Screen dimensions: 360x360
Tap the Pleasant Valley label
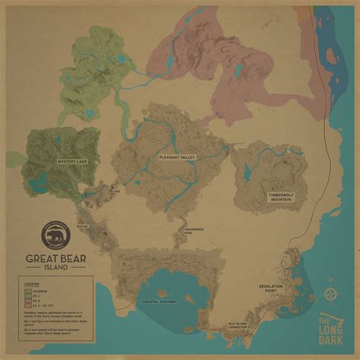click(177, 157)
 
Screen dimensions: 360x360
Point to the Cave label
click(115, 192)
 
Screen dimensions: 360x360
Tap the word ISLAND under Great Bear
click(58, 266)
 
